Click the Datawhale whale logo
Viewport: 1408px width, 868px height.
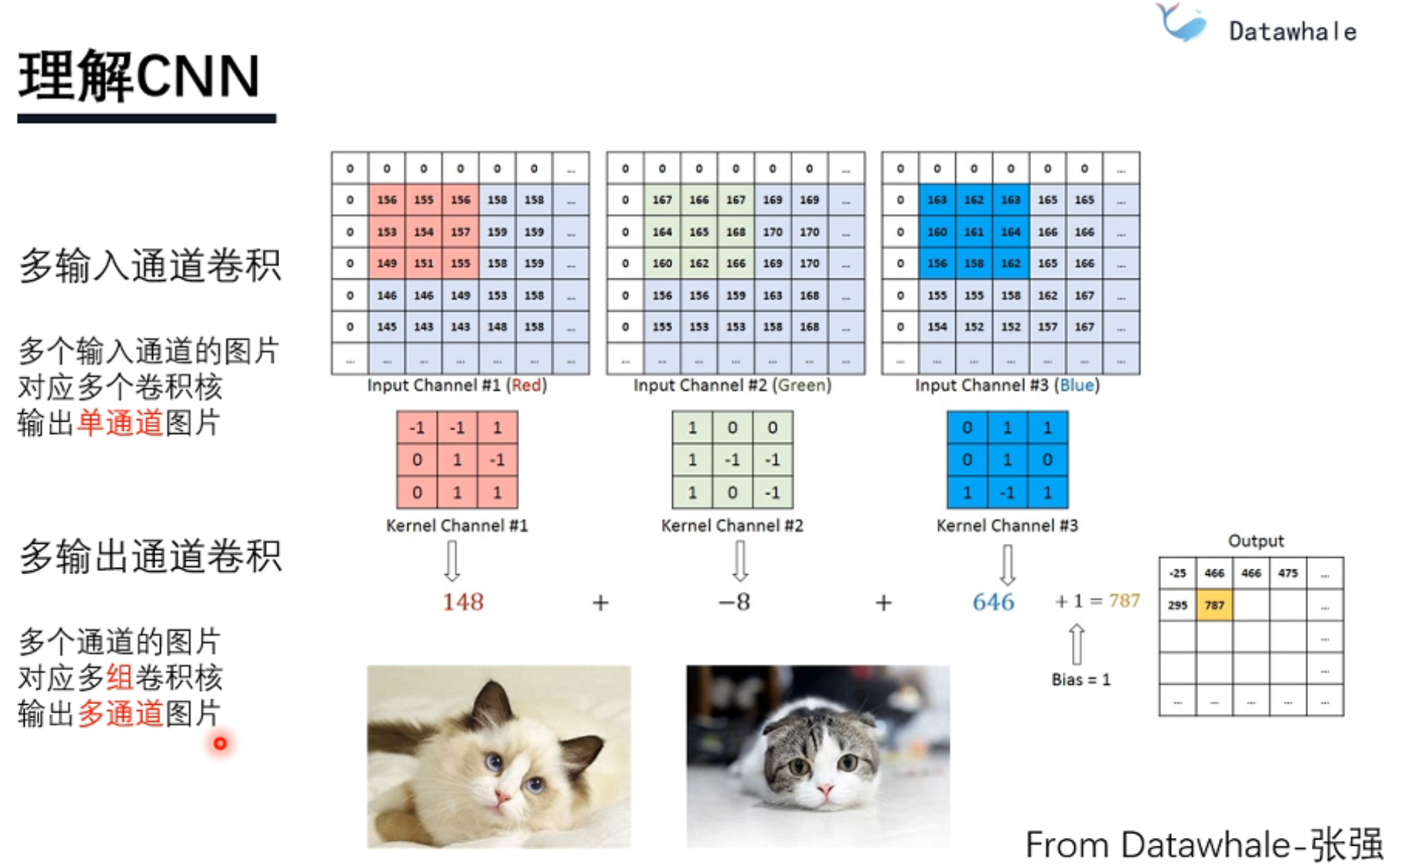pos(1181,23)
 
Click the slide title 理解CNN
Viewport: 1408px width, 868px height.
pos(139,77)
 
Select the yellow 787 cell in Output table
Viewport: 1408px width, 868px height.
pos(1214,606)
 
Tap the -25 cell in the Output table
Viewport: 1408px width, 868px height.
pos(1177,573)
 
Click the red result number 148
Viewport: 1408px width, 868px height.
pos(463,602)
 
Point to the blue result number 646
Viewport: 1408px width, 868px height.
pos(993,602)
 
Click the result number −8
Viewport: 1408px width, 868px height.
pos(734,602)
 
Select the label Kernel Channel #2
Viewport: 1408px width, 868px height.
pos(732,526)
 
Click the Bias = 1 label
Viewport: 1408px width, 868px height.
pos(1080,679)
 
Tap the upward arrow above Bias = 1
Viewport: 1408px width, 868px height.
pos(1077,643)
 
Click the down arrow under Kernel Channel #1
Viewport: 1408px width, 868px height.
pos(452,560)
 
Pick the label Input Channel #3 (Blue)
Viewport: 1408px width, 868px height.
pos(1007,386)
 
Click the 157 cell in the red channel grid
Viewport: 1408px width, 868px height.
pos(461,232)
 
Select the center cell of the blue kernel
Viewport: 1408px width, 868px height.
pos(1007,460)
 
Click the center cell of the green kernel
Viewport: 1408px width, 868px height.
pos(732,460)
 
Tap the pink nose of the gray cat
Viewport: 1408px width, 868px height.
pos(824,789)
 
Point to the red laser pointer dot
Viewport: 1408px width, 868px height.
pos(221,743)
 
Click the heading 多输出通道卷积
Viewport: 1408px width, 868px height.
pos(151,556)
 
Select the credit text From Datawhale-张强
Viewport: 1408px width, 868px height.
pos(1203,845)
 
